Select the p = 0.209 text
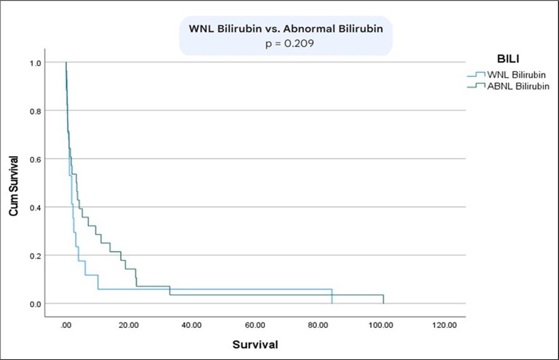pos(286,45)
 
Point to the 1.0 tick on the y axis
pos(35,63)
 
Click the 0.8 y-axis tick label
pos(35,111)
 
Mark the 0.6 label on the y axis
pos(35,159)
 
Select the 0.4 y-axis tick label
pos(35,208)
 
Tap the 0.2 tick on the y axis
pos(35,256)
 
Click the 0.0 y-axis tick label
pos(35,304)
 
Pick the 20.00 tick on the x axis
pos(128,325)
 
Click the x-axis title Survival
pos(255,344)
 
